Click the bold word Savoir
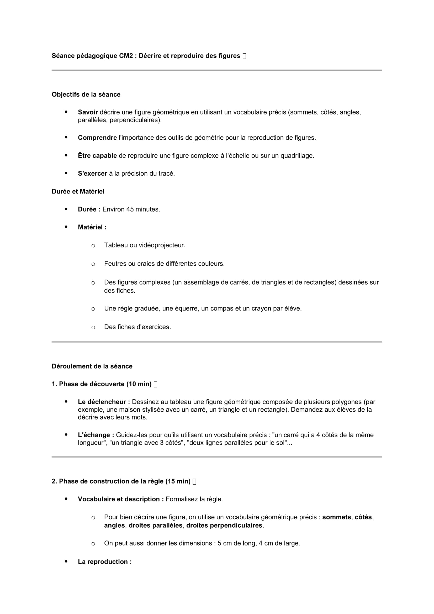tap(88, 112)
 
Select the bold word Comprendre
tap(97, 138)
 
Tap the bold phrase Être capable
tap(97, 156)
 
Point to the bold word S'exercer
tap(92, 174)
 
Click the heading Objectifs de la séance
tap(86, 95)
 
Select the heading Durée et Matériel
tap(78, 191)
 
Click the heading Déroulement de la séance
tap(92, 366)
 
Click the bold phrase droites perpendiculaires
tap(225, 526)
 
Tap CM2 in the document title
tap(126, 56)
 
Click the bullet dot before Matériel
tap(66, 227)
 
